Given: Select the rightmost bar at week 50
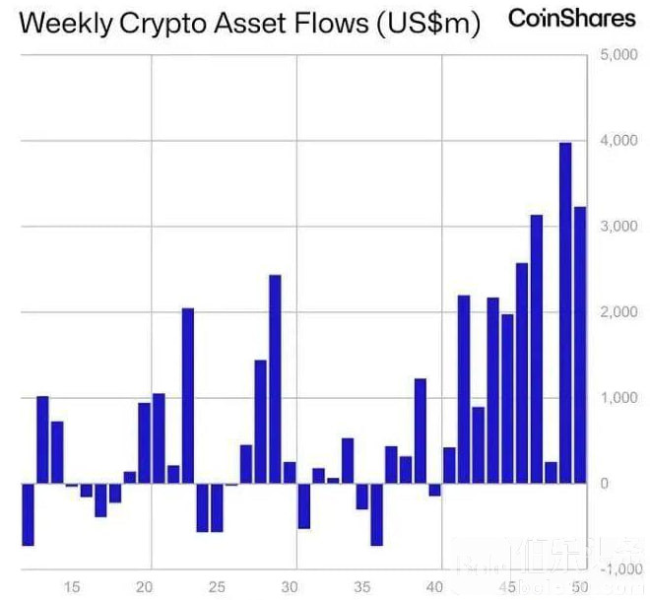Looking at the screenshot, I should click(x=580, y=345).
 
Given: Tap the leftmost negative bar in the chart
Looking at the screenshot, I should click(x=28, y=514).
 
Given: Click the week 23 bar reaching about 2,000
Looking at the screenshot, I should click(x=188, y=396).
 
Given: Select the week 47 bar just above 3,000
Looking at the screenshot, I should click(x=537, y=349).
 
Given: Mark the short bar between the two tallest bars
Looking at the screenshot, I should click(x=551, y=473).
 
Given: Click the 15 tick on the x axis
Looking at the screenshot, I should click(x=72, y=587).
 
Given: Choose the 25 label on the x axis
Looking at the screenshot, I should click(x=218, y=587).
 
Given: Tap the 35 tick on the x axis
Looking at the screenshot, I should click(x=361, y=587).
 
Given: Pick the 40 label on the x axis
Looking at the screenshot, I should click(x=434, y=587).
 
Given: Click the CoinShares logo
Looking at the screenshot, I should click(x=571, y=19).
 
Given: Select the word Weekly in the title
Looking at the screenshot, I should click(x=62, y=25).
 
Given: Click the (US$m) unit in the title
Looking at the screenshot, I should click(x=428, y=25).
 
